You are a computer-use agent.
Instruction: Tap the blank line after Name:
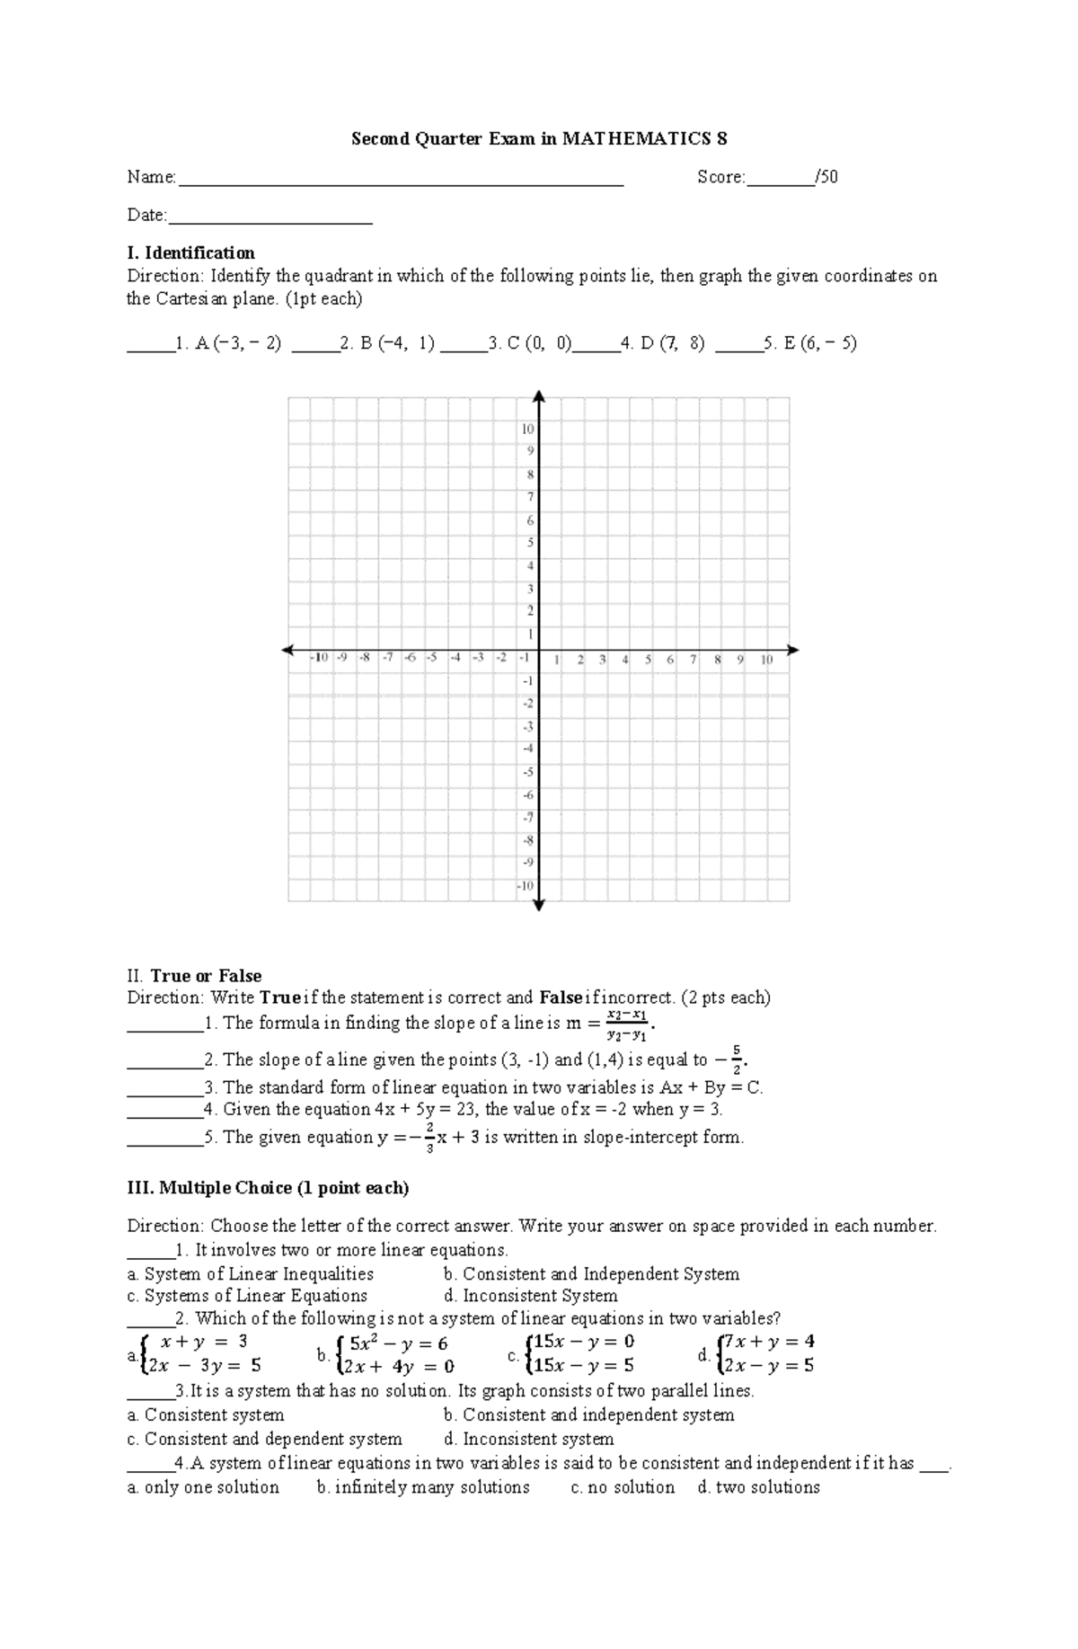pos(401,182)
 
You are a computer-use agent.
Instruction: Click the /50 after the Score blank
pos(826,177)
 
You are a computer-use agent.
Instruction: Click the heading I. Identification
pos(190,253)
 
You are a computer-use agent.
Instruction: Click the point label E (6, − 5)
pos(820,342)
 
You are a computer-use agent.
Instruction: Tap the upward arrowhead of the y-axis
pos(539,395)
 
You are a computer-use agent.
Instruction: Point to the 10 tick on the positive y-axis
pos(528,429)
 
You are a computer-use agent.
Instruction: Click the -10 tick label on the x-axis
pos(319,659)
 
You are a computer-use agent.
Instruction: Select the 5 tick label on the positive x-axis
pos(648,660)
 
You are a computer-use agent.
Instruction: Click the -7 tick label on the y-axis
pos(527,817)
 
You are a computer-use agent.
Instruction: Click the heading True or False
pos(206,976)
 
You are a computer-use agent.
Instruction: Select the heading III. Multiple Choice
pos(268,1188)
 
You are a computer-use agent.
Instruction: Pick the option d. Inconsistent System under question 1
pos(531,1296)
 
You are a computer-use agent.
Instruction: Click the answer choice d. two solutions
pos(758,1487)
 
